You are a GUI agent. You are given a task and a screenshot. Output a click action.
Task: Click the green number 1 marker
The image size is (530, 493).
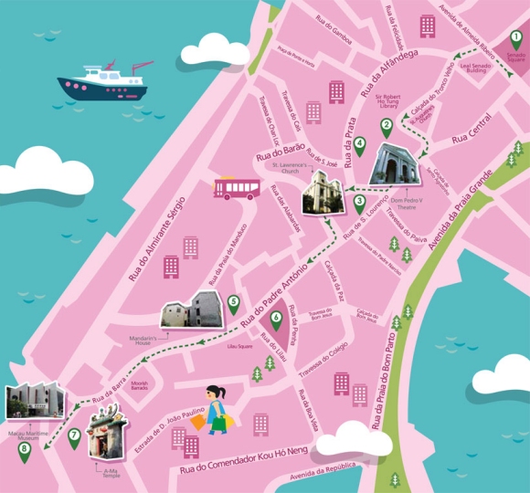pos(515,39)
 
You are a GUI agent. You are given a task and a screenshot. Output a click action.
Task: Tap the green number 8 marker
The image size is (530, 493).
pos(24,448)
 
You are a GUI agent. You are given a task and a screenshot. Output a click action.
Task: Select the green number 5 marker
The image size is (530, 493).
pos(234,302)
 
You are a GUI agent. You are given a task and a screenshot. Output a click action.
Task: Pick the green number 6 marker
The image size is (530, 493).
pos(276,319)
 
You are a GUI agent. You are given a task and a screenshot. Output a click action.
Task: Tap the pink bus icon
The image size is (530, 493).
pos(238,188)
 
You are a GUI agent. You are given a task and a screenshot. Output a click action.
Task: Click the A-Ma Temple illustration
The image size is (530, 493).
pos(104,434)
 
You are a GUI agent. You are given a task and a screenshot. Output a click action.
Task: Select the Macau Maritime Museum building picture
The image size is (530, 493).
pos(35,403)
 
